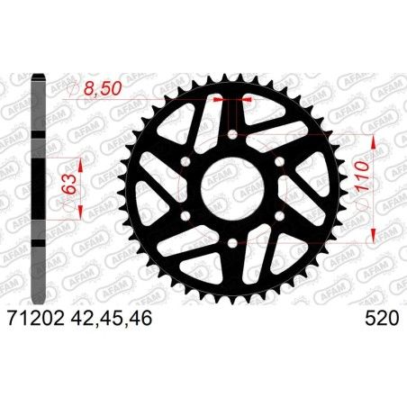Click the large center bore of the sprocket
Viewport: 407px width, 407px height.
pos(233,190)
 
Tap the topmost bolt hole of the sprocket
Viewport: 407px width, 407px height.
pos(233,135)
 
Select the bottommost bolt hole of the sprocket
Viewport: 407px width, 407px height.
pos(233,244)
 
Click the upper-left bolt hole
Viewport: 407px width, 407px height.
pos(186,162)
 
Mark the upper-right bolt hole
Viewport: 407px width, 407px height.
pos(280,162)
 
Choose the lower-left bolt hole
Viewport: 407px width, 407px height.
pos(186,217)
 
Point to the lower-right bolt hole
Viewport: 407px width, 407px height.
pos(280,217)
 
